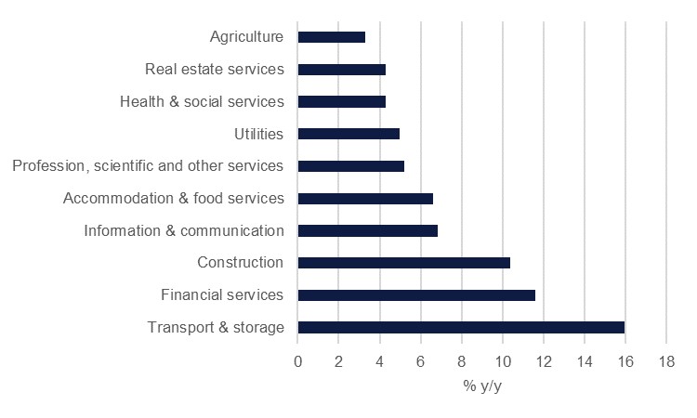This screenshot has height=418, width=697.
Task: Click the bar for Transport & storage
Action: coord(461,327)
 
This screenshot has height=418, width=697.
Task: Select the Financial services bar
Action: coord(416,295)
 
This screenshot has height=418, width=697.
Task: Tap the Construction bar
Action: coord(404,263)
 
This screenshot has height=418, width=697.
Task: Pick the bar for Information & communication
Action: coord(368,230)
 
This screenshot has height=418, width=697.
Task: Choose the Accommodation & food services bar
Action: coord(365,198)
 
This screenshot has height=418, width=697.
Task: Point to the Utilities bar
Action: coord(348,134)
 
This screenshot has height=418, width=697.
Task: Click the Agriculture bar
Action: coord(332,37)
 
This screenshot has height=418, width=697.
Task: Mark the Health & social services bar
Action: coord(342,101)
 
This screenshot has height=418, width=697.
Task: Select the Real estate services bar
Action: coord(342,69)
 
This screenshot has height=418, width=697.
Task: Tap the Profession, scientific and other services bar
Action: coord(351,166)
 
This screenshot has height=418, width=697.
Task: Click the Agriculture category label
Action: coord(246,37)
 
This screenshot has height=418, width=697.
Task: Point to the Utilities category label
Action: coord(258,134)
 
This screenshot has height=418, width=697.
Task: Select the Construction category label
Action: coord(240,263)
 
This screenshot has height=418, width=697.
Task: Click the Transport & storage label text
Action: coord(216,327)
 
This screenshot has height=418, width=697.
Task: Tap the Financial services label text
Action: coord(221,295)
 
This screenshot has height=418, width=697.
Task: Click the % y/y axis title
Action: coord(482,385)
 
